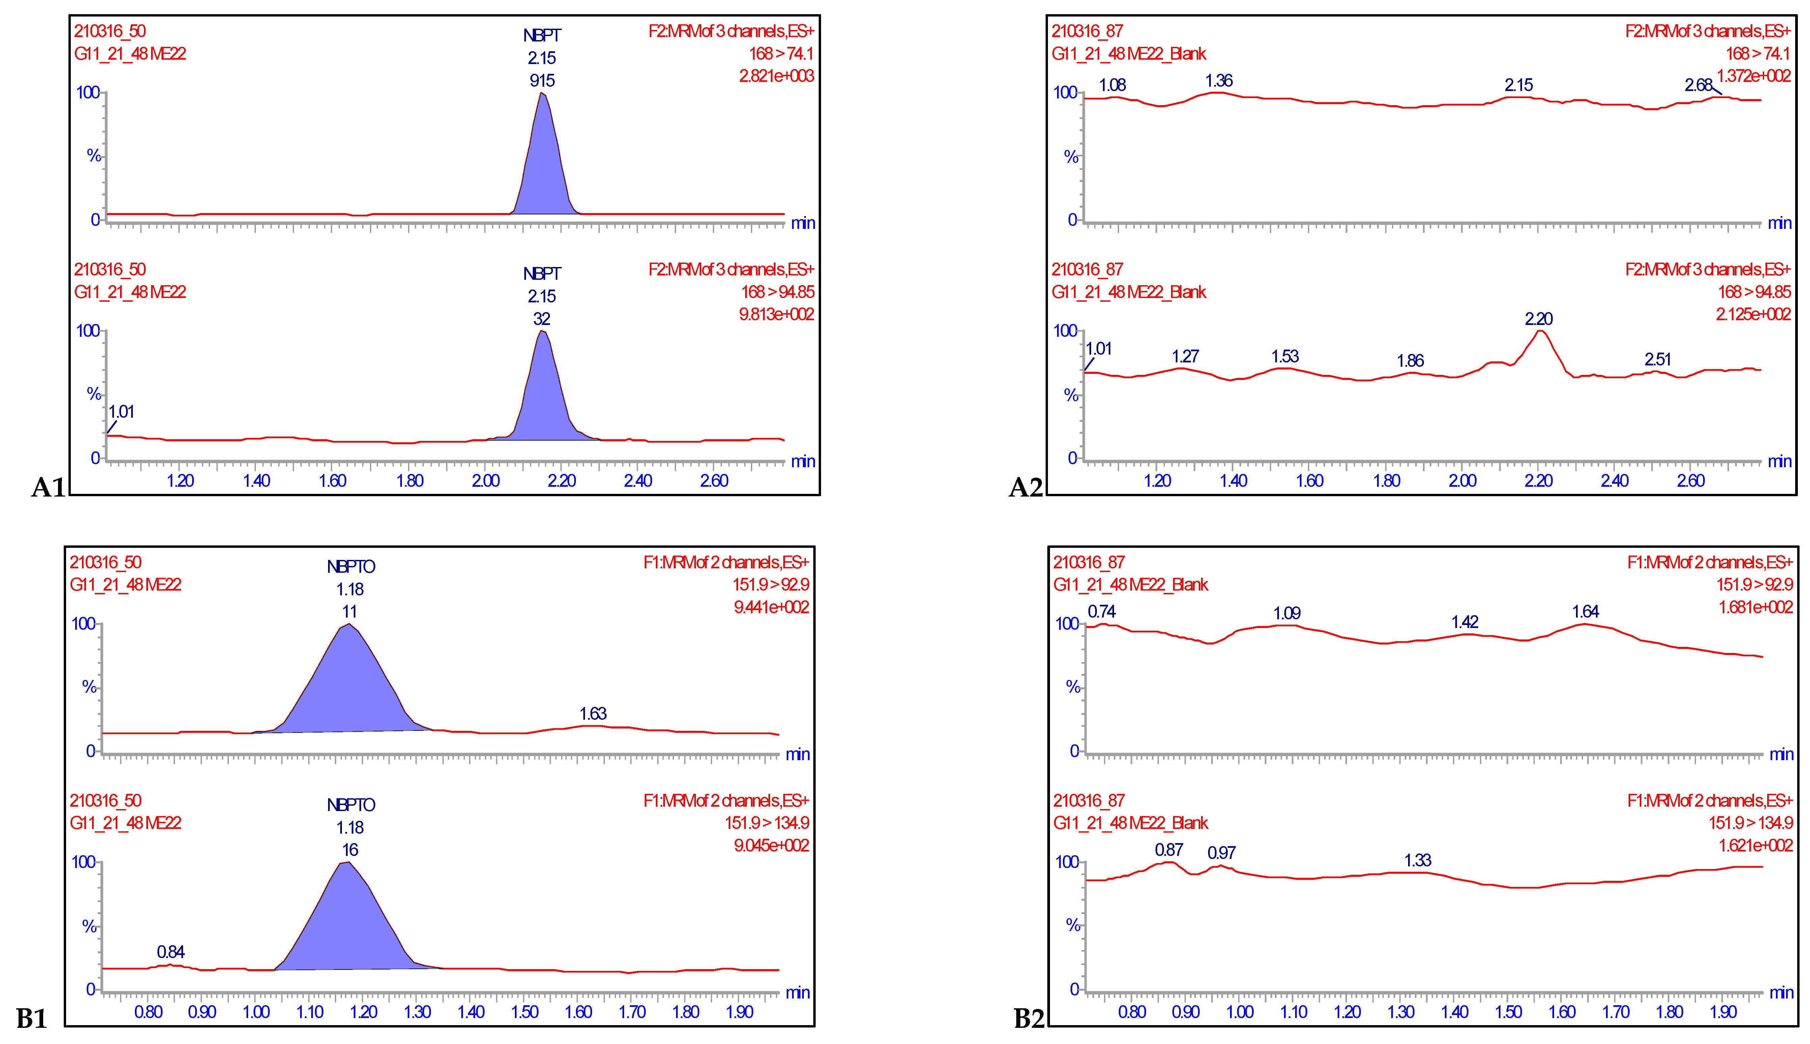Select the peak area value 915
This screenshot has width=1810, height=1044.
[542, 80]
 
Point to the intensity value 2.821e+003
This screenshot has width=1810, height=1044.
[777, 76]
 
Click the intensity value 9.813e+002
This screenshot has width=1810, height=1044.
[777, 314]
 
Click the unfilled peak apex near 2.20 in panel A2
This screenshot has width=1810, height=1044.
[1539, 331]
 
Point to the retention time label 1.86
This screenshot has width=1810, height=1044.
[1410, 361]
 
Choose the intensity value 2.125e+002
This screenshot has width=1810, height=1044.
[1753, 314]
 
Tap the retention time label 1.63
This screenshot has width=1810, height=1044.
[593, 713]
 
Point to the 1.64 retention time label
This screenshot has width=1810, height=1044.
[1585, 612]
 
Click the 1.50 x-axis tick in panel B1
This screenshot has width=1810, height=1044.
[524, 1012]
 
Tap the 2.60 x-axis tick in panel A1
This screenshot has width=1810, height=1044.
[714, 480]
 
